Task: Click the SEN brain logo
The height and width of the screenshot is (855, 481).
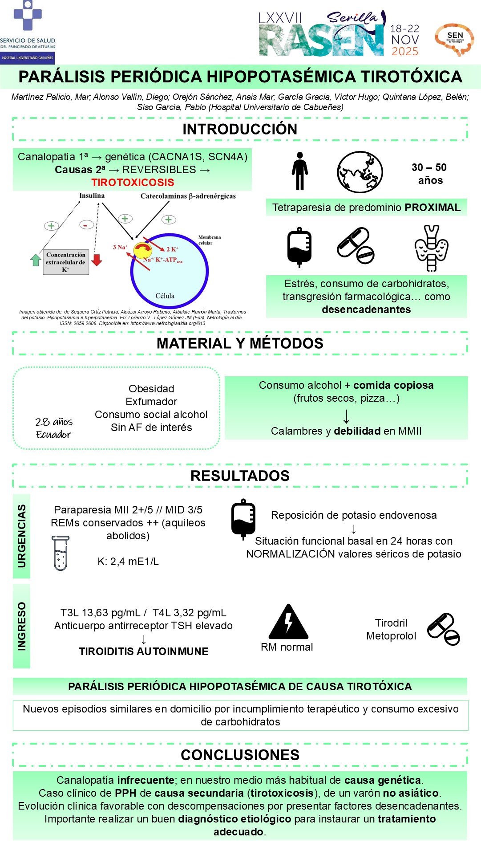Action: point(454,40)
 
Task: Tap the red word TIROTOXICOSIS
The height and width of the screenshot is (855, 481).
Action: point(133,183)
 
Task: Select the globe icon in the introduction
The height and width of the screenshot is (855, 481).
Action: point(360,172)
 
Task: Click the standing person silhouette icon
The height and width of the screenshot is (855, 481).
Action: point(300,171)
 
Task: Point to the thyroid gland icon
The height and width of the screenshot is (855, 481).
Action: point(431,248)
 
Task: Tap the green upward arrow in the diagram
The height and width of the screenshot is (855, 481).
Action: point(36,260)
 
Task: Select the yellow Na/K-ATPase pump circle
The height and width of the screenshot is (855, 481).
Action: point(142,251)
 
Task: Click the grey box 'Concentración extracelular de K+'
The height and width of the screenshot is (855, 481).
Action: point(66,262)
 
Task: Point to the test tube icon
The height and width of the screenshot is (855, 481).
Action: point(61,553)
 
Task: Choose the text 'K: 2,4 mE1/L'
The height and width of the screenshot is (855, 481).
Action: point(128,562)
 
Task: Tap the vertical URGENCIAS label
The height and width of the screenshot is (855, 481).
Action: point(21,536)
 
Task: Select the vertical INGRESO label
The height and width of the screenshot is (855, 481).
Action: point(21,626)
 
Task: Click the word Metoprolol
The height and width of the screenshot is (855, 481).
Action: point(391,636)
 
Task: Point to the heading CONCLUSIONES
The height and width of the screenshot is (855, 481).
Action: point(240,755)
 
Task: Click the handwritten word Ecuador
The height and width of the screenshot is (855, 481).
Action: point(53,435)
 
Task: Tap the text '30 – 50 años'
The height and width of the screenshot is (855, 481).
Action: point(429,174)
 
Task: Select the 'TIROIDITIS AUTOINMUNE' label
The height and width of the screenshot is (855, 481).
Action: point(144,651)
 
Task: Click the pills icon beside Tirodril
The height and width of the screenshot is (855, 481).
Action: point(443,629)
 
